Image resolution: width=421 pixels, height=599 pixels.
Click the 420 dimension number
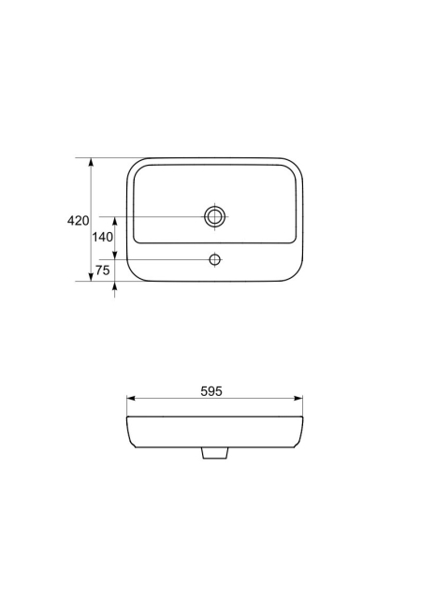[x=78, y=221]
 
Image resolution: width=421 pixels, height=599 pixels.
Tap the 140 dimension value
[x=102, y=237]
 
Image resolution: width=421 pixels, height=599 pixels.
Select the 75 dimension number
[x=102, y=270]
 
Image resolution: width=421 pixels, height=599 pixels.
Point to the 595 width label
[x=211, y=391]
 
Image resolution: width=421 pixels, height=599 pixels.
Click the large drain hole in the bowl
[x=214, y=216]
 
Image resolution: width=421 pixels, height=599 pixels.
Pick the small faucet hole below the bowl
[x=215, y=260]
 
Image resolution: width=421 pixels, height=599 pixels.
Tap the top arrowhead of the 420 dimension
[x=91, y=162]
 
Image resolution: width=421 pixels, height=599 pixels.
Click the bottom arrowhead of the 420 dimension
[x=91, y=277]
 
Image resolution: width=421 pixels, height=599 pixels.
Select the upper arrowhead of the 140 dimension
[x=115, y=221]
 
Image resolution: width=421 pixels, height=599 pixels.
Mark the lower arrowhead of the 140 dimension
[x=115, y=256]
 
